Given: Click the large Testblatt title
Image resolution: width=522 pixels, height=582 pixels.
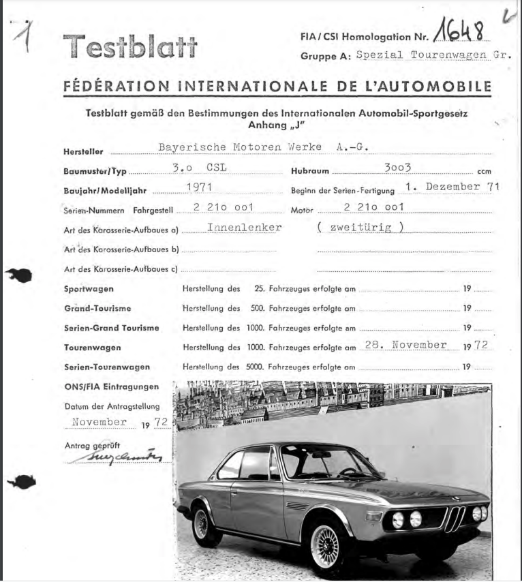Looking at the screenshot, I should [x=130, y=46].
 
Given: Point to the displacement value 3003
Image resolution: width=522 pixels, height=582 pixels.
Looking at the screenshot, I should [x=398, y=167].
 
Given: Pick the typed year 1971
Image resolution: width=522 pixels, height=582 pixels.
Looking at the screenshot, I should [x=199, y=187].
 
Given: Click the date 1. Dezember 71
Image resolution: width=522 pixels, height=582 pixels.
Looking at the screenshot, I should [x=451, y=186].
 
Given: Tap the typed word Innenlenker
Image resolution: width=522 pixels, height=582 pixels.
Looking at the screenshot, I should [x=244, y=228].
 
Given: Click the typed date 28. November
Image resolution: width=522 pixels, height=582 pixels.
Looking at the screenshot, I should [x=405, y=345].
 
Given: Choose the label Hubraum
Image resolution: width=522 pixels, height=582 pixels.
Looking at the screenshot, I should [x=310, y=172].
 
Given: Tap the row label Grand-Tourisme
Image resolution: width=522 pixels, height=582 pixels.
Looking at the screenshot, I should [x=97, y=309].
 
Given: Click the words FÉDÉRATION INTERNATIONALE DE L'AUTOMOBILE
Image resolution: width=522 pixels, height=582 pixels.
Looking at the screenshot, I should [x=277, y=87].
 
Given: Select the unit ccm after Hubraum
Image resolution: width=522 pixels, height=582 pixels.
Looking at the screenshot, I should [x=484, y=172].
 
